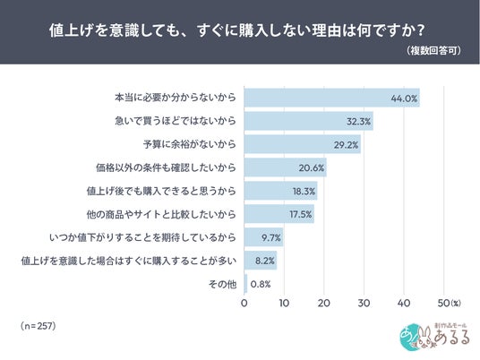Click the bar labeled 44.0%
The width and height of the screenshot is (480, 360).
pyautogui.click(x=332, y=98)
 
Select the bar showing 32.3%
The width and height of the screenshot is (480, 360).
pyautogui.click(x=309, y=121)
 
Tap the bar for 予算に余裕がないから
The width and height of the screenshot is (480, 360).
pyautogui.click(x=303, y=144)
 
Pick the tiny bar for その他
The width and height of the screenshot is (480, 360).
pyautogui.click(x=245, y=284)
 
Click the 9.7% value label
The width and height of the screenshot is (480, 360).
pyautogui.click(x=271, y=237)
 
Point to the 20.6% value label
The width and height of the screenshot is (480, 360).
pyautogui.click(x=312, y=167)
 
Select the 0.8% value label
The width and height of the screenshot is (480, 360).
pyautogui.click(x=261, y=285)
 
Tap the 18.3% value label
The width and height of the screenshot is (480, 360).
pyautogui.click(x=304, y=192)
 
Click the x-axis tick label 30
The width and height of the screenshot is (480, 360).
pyautogui.click(x=364, y=303)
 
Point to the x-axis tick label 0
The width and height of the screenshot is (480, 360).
pyautogui.click(x=244, y=303)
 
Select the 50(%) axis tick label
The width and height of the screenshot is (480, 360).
pyautogui.click(x=449, y=303)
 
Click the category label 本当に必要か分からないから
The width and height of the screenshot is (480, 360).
pyautogui.click(x=176, y=98)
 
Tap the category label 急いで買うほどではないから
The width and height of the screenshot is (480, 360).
pyautogui.click(x=176, y=121)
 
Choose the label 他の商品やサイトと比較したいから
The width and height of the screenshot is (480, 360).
pyautogui.click(x=161, y=214)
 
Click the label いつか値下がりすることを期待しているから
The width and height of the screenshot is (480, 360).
pyautogui.click(x=142, y=237)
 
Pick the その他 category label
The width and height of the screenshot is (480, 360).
pyautogui.click(x=223, y=285)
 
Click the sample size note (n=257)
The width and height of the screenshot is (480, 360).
pyautogui.click(x=39, y=326)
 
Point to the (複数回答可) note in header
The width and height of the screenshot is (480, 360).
pyautogui.click(x=433, y=50)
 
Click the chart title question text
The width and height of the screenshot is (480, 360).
pyautogui.click(x=236, y=30)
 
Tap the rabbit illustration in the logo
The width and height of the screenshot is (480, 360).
pyautogui.click(x=425, y=339)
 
